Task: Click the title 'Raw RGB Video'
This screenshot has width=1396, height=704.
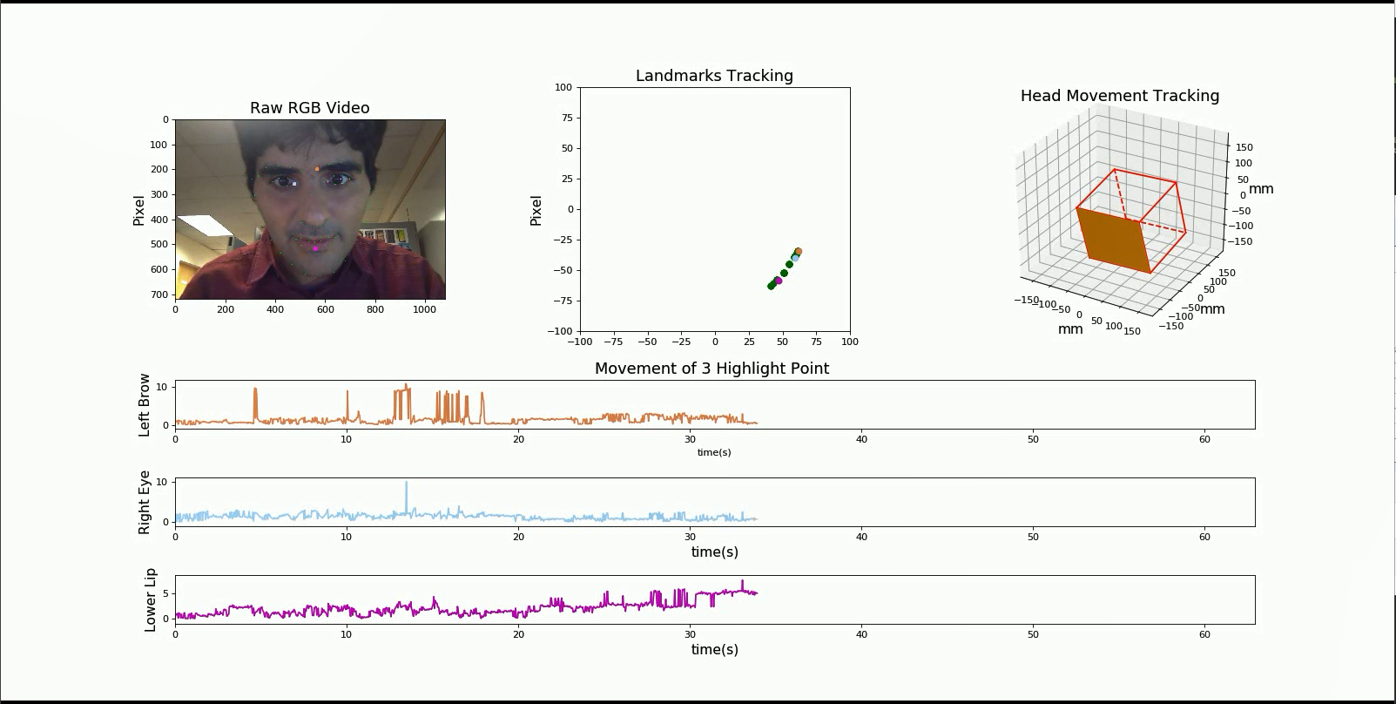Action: pos(309,108)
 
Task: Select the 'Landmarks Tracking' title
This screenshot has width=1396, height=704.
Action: pos(714,76)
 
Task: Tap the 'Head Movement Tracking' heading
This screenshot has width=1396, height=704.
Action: pos(1119,96)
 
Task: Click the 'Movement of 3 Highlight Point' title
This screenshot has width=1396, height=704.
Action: pos(711,369)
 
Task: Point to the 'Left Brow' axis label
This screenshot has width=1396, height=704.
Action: pos(145,405)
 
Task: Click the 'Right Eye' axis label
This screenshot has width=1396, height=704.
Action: pos(145,502)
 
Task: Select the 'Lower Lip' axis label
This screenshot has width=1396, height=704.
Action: pos(150,599)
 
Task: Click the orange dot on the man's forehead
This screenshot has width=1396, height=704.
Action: pos(317,169)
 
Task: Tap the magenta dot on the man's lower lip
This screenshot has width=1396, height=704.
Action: pos(315,248)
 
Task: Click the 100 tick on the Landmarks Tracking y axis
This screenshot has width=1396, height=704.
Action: pos(563,87)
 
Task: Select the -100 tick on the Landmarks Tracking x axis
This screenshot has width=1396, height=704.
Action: pos(580,342)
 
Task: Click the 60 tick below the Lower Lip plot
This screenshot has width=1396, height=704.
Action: pos(1204,634)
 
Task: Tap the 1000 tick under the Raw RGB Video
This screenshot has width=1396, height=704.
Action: pos(424,309)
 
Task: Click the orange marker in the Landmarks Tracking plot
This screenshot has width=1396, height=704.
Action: pos(798,252)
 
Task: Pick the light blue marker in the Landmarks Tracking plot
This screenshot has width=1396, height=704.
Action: pos(794,258)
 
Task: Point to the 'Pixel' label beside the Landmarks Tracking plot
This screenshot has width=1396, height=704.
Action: pos(536,210)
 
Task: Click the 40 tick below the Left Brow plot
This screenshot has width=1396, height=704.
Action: pos(861,439)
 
